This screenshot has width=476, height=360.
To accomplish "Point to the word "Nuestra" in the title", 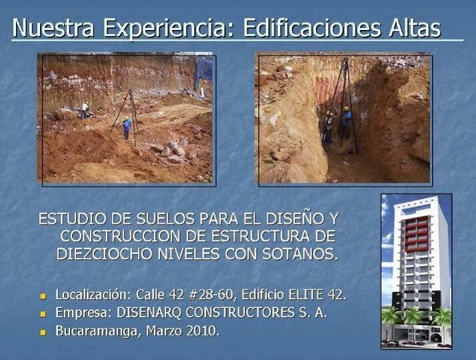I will [x=54, y=28].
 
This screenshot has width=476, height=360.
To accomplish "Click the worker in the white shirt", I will [x=85, y=110].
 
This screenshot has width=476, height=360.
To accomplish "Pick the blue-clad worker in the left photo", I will [x=127, y=127].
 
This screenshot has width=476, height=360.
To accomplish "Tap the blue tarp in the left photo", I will [x=204, y=67].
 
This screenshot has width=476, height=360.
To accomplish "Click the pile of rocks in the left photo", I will [x=172, y=151].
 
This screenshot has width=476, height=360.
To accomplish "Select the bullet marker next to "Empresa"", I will [x=43, y=313].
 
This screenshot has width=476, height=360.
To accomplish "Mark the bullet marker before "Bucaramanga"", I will [x=43, y=331].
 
